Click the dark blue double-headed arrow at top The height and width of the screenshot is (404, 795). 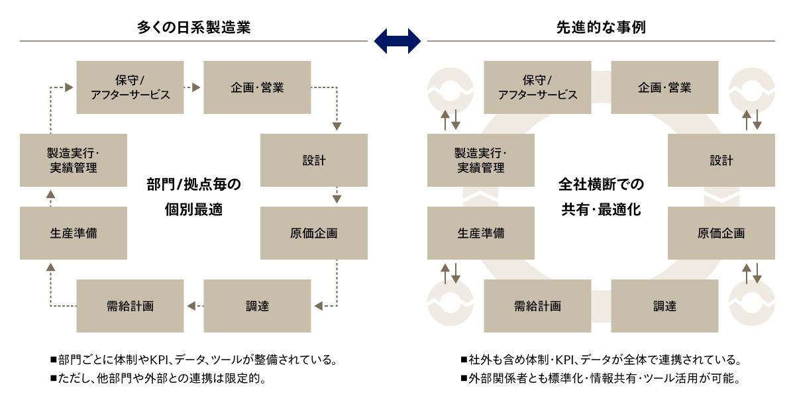coord(397,40)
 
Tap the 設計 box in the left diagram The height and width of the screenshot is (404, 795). coord(313,160)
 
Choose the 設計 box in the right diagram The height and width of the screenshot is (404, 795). coord(721,160)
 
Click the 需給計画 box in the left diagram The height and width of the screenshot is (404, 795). coord(130,306)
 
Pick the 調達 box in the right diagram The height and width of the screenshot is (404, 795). coord(664,306)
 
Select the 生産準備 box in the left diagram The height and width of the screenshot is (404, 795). coord(74,233)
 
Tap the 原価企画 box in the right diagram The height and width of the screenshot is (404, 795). coord(721,233)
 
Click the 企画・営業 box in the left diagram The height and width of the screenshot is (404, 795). coord(257,87)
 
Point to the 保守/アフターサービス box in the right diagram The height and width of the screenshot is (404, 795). coord(537,87)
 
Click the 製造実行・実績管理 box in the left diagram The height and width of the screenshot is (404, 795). coord(74,160)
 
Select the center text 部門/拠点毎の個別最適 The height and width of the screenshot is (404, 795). coord(193,197)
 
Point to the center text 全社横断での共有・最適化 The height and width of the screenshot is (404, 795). coord(601,197)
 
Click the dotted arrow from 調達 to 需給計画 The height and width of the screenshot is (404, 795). coord(191,306)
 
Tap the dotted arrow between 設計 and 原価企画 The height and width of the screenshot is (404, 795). coord(337,196)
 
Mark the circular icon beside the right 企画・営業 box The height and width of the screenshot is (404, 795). coord(752,88)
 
